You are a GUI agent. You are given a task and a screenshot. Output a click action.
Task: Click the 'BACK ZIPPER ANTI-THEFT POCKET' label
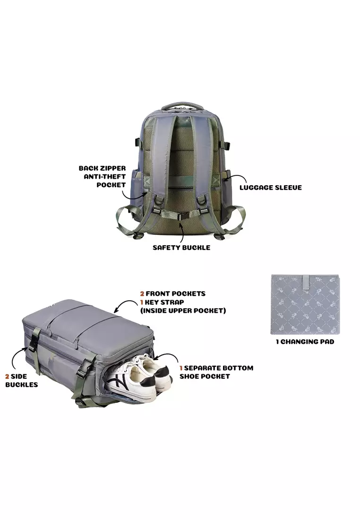102,176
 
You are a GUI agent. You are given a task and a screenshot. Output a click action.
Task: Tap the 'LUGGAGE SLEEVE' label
271,187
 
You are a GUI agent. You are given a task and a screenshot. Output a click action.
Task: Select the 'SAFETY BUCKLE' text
181,247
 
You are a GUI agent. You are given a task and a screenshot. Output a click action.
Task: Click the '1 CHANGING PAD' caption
305,342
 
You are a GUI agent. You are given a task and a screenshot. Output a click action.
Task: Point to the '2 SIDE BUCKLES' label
21,381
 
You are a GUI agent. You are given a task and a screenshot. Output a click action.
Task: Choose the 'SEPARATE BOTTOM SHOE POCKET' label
216,372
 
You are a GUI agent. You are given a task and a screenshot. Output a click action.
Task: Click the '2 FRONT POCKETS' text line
173,294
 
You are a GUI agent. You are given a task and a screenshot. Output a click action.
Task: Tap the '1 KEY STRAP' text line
162,302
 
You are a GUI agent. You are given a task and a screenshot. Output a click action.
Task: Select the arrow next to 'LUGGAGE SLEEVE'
231,177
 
